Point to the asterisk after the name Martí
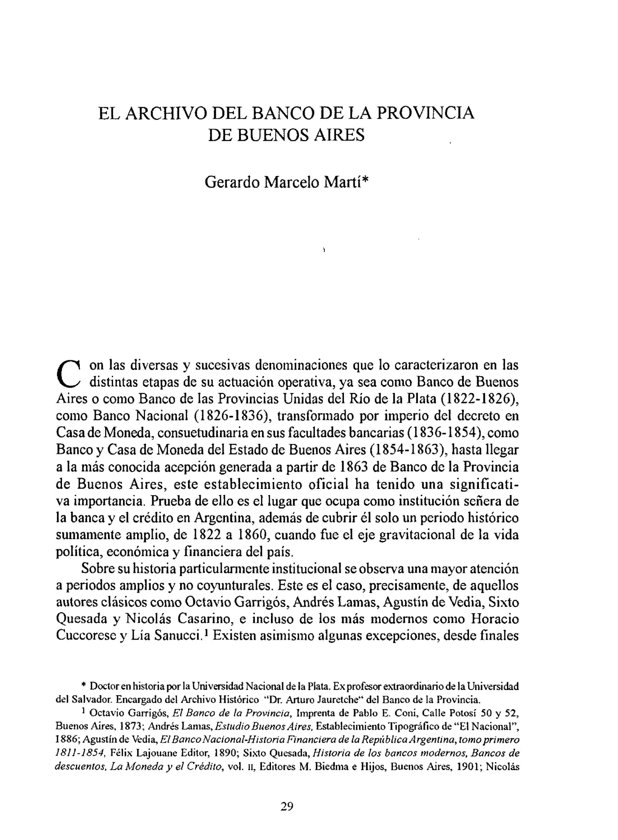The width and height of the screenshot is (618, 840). (x=366, y=180)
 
